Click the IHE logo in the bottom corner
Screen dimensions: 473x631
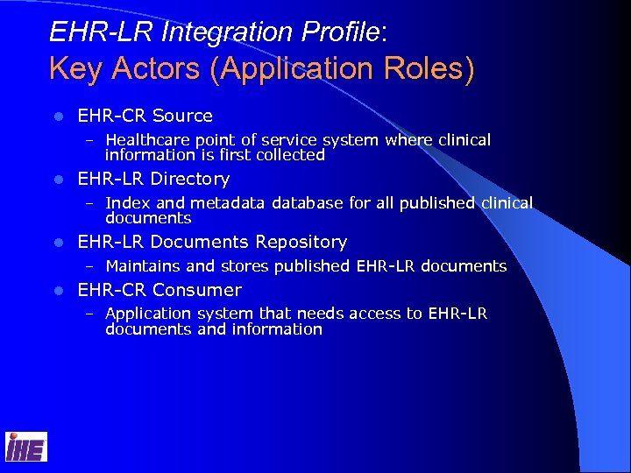click(x=25, y=447)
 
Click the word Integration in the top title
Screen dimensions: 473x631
click(x=181, y=32)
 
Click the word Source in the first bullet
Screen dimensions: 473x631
click(x=182, y=116)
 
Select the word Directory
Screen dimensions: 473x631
click(x=190, y=179)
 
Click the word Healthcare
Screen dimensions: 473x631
click(x=145, y=140)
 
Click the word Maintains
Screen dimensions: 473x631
click(x=143, y=265)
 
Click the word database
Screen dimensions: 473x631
click(x=307, y=203)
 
